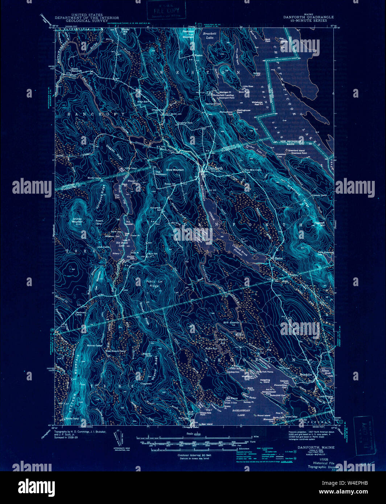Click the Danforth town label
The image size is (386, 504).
click(x=215, y=168)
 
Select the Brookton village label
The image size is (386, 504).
click(x=306, y=375)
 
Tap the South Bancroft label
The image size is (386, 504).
click(x=75, y=70)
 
